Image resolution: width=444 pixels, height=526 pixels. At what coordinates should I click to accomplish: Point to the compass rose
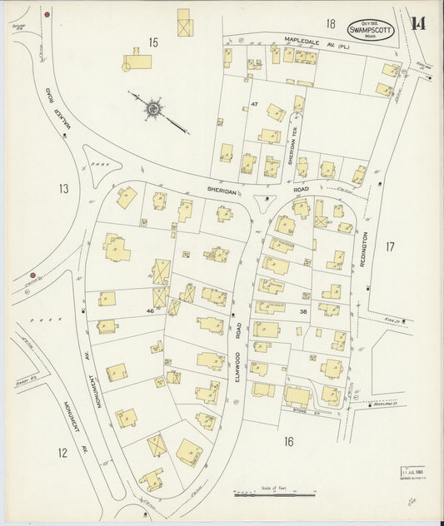155,107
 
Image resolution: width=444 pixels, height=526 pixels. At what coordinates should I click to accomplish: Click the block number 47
255,103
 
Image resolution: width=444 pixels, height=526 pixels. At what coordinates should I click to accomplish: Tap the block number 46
150,310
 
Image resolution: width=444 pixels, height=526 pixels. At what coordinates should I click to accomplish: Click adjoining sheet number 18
331,23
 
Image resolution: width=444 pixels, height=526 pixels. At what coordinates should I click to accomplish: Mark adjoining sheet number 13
64,188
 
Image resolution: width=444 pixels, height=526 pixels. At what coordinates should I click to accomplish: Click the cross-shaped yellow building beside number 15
137,61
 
